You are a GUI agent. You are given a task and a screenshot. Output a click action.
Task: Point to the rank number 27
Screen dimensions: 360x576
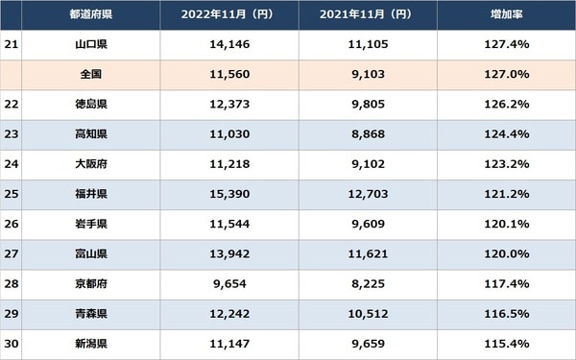point(12,254)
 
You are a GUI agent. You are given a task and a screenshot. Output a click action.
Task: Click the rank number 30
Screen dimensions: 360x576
point(12,345)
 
